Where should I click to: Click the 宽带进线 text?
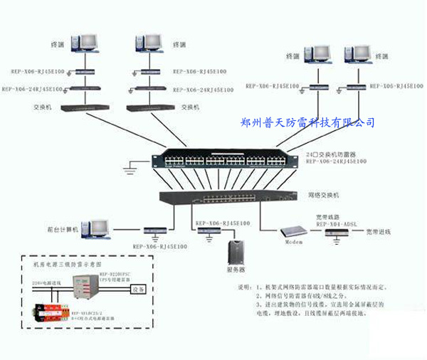[379, 232]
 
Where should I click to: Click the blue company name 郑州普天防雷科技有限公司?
[308, 122]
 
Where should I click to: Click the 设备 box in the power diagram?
[139, 289]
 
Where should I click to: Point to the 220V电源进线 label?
[46, 282]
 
